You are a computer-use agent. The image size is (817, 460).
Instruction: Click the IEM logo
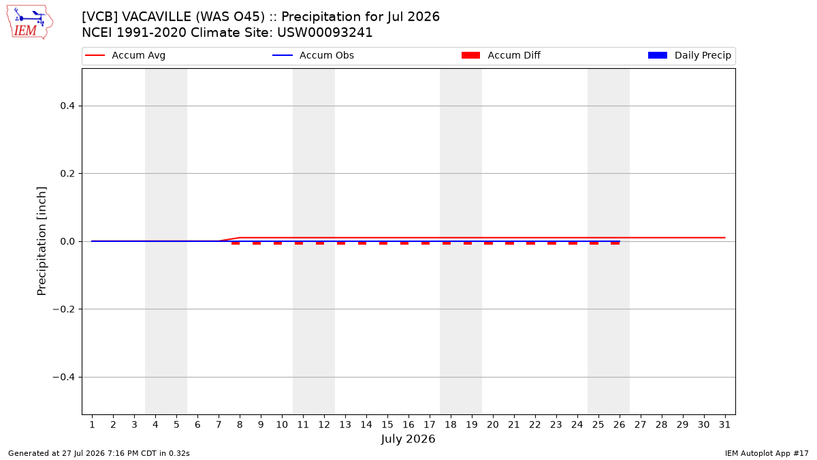point(29,22)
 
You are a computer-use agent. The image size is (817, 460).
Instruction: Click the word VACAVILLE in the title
point(156,17)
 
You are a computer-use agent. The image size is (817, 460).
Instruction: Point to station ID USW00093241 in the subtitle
point(325,33)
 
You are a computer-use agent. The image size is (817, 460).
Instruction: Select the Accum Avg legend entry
point(125,55)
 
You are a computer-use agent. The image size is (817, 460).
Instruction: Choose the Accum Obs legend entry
point(313,55)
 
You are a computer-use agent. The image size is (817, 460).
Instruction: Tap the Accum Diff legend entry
point(501,55)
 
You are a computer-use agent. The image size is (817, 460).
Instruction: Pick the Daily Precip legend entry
point(689,55)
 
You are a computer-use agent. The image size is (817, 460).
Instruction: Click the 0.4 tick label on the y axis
point(67,106)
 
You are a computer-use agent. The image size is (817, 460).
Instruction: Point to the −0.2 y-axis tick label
point(64,309)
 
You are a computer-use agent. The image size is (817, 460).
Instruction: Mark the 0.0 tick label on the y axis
point(67,241)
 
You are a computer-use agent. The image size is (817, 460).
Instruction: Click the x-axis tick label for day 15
point(387,425)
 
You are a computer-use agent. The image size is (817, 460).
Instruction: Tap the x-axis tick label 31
point(724,425)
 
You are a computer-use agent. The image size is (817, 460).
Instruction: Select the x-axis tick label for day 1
point(93,425)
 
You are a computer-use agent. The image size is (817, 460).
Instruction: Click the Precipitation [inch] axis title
point(42,241)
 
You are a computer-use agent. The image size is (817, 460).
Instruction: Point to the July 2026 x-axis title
point(408,439)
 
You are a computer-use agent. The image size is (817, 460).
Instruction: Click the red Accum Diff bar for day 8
point(236,243)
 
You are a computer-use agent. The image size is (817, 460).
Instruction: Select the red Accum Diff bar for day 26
point(615,243)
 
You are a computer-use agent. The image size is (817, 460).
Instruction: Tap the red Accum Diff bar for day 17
point(426,243)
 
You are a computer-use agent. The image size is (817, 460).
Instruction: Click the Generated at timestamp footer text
point(99,453)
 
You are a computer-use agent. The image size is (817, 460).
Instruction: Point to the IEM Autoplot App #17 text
point(767,453)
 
